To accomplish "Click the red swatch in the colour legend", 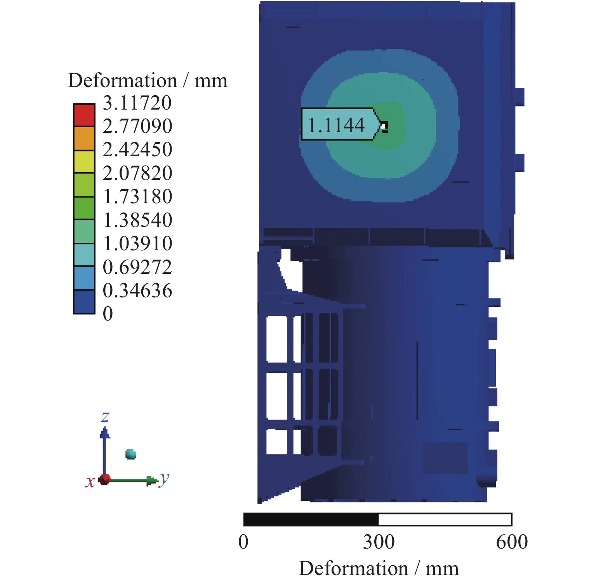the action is pyautogui.click(x=84, y=115).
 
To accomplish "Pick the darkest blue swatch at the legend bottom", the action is pyautogui.click(x=84, y=302).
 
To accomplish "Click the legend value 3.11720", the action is pyautogui.click(x=137, y=103).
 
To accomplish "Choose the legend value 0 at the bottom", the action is pyautogui.click(x=108, y=314).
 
